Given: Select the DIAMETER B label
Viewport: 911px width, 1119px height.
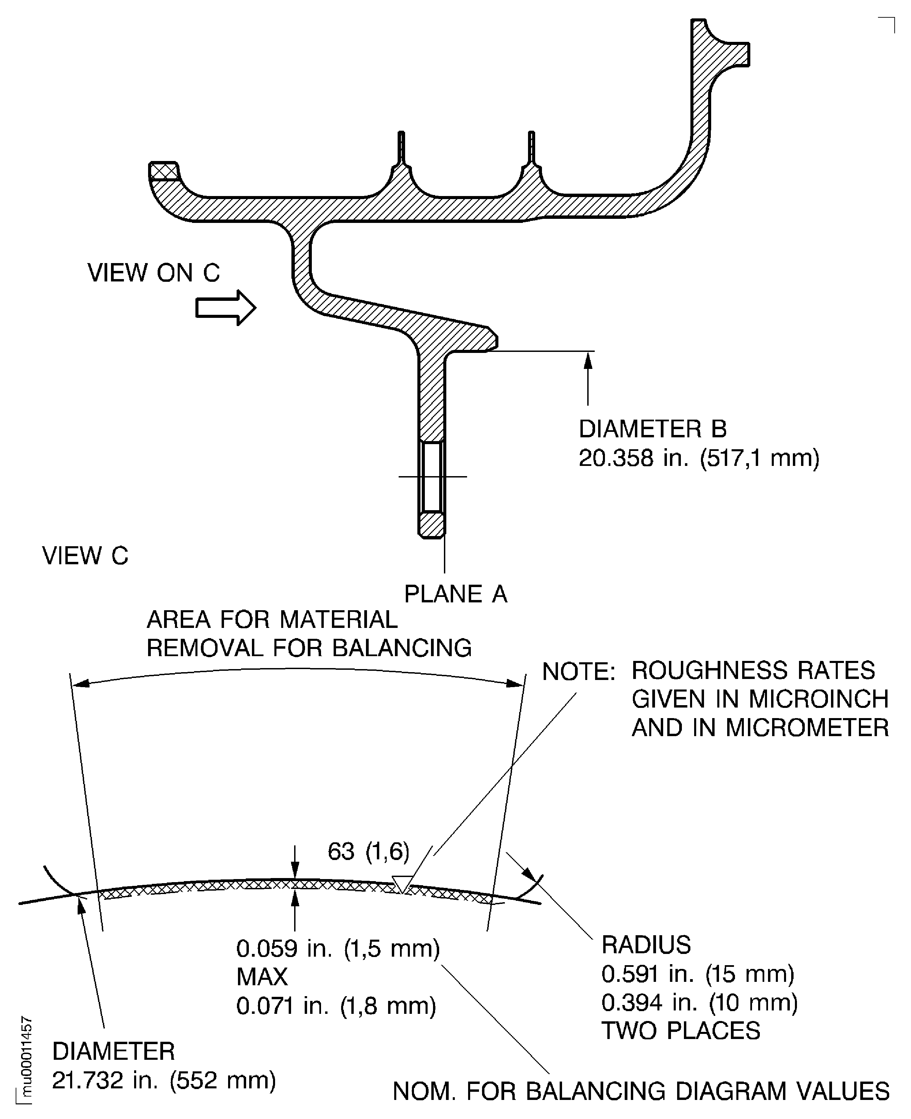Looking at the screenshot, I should click(652, 429).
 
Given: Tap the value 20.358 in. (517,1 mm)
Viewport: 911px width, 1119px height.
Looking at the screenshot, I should click(699, 458).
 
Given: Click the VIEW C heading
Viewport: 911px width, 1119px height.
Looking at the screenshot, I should click(85, 555).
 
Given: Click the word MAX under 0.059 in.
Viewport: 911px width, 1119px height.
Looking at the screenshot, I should click(262, 977).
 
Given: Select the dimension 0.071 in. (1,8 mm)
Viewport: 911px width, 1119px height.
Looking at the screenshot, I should click(336, 1006).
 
